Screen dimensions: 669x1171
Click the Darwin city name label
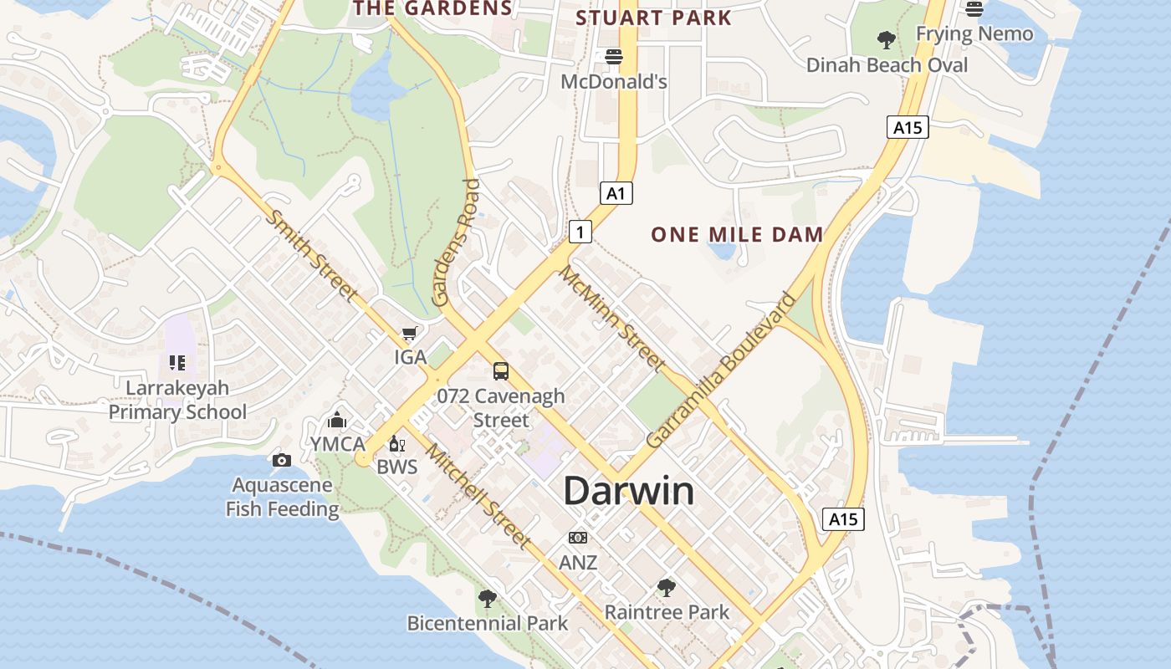point(628,491)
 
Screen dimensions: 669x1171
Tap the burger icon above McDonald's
point(614,57)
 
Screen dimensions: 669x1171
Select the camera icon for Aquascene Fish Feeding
point(282,460)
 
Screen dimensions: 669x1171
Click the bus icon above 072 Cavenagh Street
point(501,370)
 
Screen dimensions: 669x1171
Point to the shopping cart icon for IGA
point(409,334)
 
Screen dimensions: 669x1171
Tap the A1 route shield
point(616,193)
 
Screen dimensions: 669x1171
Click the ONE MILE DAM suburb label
point(737,234)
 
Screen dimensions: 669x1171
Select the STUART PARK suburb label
point(653,18)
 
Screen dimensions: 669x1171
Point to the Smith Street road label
point(310,255)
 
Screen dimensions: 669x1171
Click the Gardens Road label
point(455,243)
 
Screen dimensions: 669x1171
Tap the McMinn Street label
point(612,319)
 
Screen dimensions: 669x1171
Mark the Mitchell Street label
point(478,495)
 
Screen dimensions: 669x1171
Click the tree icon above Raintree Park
point(667,588)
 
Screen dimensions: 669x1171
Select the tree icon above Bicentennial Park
point(487,599)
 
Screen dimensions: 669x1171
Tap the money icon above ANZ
point(578,538)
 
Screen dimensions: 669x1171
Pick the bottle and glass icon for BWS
point(396,443)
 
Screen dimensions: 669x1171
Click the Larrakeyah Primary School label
point(177,400)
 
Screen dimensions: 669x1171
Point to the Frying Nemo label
point(974,33)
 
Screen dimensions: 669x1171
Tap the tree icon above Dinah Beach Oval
point(886,39)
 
